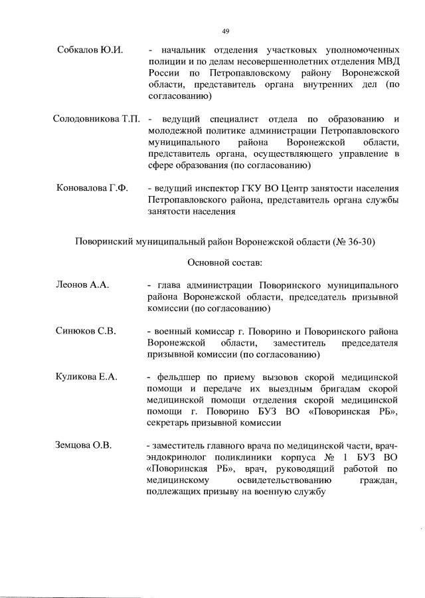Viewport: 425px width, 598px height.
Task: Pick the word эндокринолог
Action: coord(177,456)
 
